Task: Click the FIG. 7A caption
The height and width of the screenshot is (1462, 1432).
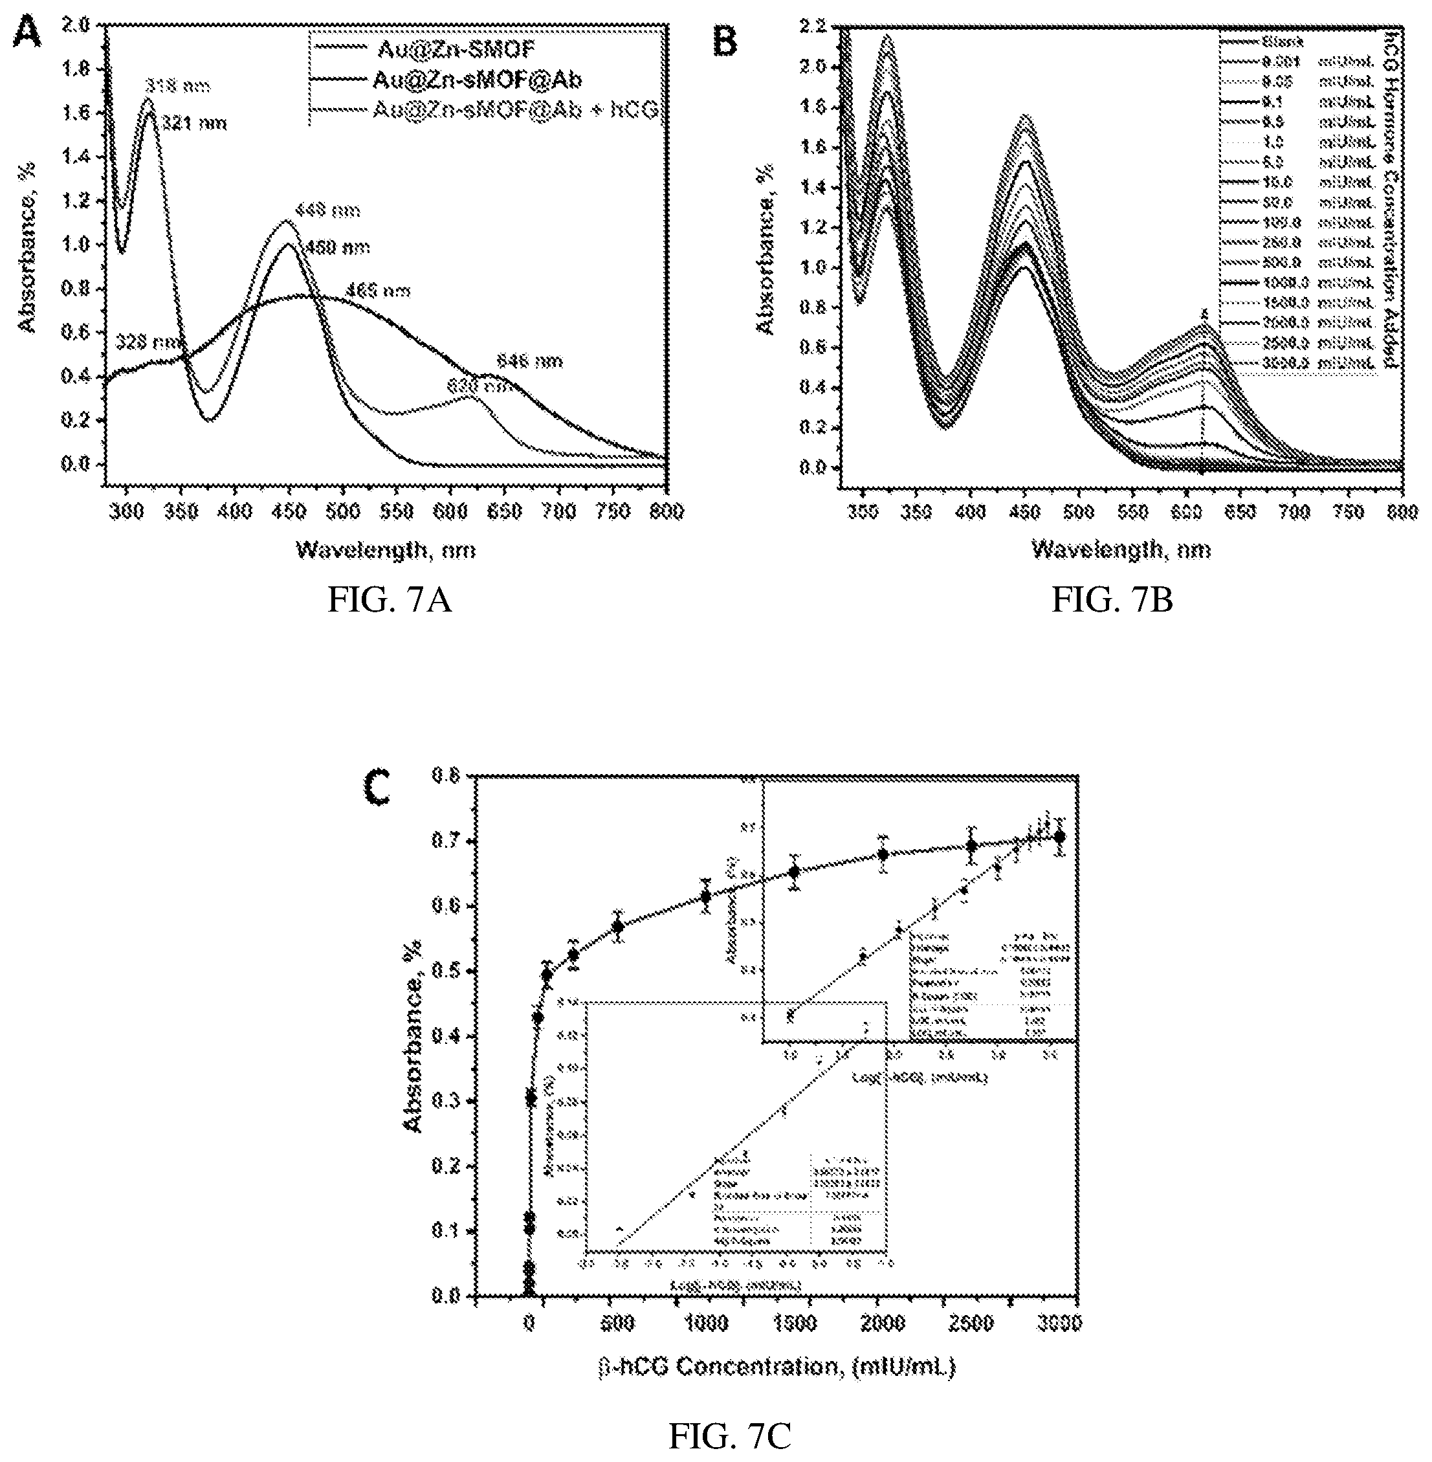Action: [390, 601]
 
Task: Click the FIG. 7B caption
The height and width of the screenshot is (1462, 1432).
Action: [1112, 601]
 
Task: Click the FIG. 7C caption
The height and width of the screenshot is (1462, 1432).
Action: [729, 1437]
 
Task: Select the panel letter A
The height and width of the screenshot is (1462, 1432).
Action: [27, 34]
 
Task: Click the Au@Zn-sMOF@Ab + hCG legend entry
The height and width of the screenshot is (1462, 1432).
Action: [514, 111]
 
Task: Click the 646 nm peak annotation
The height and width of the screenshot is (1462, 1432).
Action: [529, 362]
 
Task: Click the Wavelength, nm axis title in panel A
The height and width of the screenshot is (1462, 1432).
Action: [386, 551]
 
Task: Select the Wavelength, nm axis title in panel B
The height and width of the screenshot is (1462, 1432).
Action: [1121, 551]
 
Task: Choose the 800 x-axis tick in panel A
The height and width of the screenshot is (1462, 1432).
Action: [666, 511]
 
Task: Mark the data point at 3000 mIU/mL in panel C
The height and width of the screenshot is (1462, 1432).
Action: [1060, 836]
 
